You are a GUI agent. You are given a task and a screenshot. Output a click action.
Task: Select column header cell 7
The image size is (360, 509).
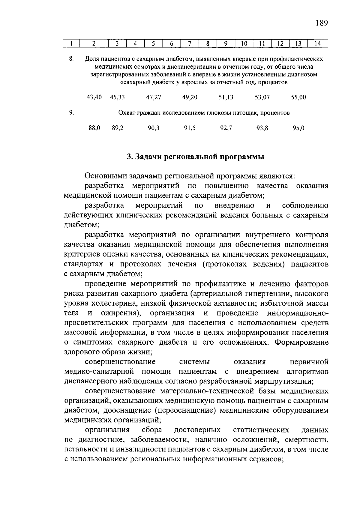(190, 43)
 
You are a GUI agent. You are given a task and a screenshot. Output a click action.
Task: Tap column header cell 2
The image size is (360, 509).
(94, 43)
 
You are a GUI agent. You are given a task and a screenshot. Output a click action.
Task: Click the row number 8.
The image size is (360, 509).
(71, 58)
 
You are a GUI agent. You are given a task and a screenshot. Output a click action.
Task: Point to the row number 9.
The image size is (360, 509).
(71, 113)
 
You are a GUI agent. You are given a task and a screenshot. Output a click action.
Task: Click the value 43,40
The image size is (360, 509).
(94, 97)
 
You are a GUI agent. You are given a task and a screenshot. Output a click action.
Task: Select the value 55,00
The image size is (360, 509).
(298, 97)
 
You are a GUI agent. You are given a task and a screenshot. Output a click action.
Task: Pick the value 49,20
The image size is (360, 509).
(190, 97)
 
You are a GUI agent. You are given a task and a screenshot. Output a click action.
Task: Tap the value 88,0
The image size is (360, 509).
(94, 128)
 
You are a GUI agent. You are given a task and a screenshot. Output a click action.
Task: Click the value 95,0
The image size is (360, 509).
(298, 128)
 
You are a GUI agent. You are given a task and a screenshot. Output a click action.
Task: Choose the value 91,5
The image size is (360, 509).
(190, 128)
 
